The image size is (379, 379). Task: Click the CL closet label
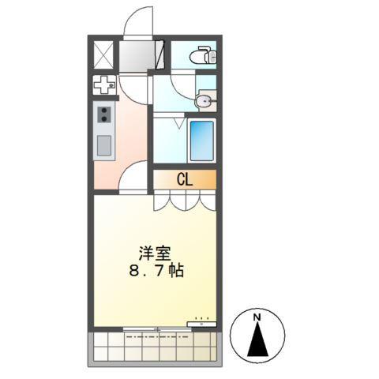point(184,179)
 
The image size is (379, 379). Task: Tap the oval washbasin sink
point(205,99)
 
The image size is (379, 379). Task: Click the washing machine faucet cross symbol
point(105,84)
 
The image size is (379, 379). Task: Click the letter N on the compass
point(257,317)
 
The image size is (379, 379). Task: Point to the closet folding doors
point(184,201)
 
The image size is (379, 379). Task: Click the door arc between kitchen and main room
point(133,175)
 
